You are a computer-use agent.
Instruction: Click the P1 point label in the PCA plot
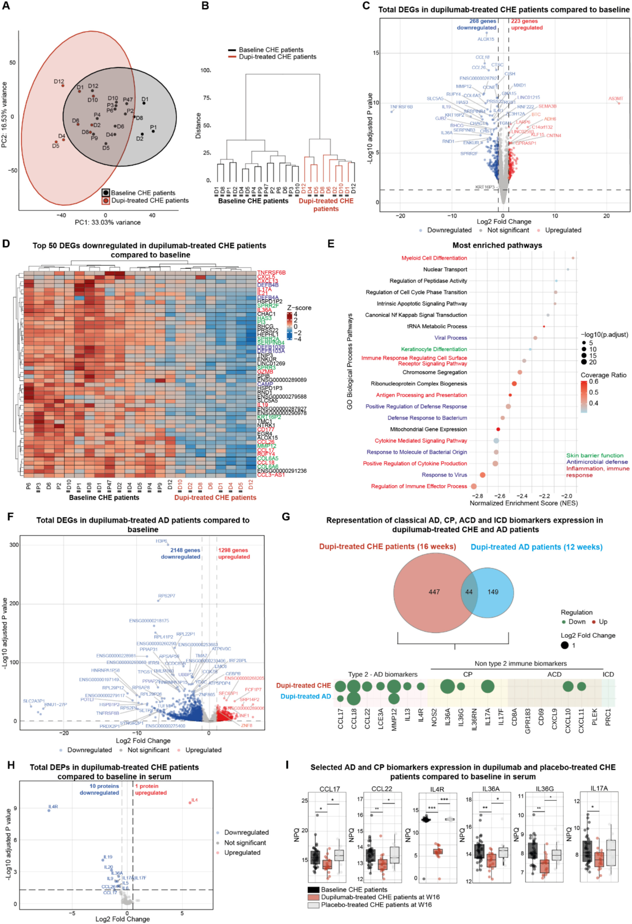[x=153, y=128]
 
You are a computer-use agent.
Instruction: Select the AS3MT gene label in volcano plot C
[x=616, y=99]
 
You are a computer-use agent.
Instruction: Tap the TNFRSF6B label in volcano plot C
[x=401, y=107]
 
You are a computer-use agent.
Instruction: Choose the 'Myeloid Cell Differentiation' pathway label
[x=434, y=258]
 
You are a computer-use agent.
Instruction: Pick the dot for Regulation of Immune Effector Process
[x=473, y=486]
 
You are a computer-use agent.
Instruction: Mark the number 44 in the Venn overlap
[x=469, y=592]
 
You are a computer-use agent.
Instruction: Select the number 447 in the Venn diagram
[x=434, y=592]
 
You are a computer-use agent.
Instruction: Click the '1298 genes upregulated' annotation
[x=234, y=553]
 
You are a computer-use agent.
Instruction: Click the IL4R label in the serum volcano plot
[x=53, y=807]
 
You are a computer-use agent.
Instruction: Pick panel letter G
[x=286, y=517]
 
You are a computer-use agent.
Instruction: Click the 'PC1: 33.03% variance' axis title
[x=108, y=222]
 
